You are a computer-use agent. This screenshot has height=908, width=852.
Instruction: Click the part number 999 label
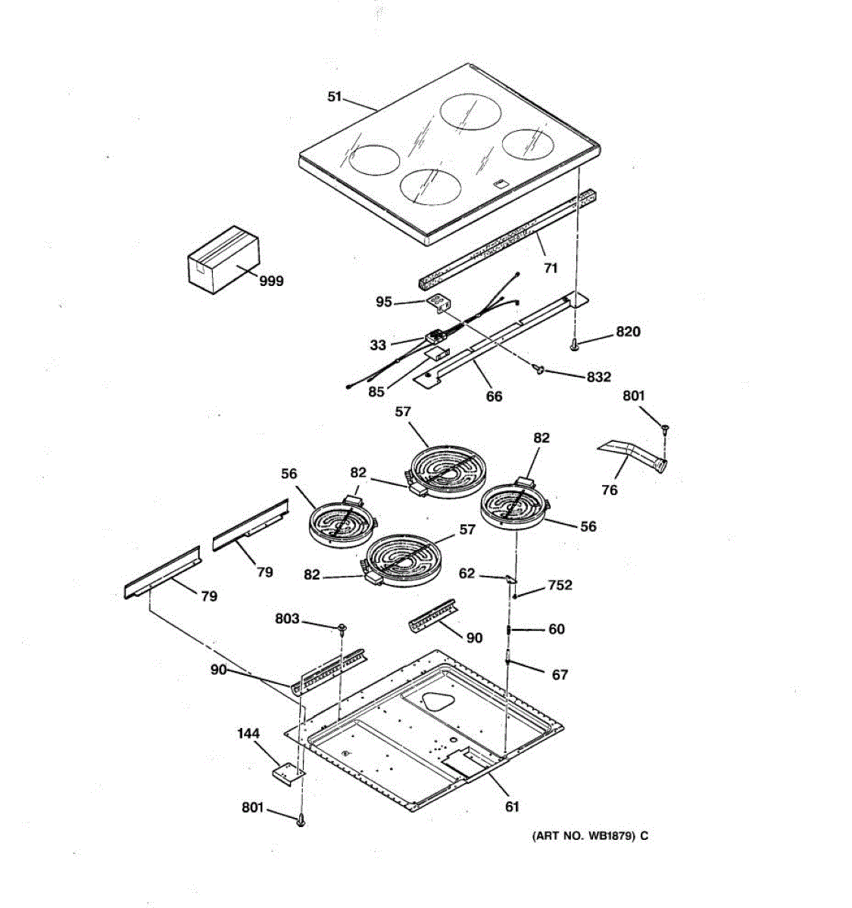(271, 281)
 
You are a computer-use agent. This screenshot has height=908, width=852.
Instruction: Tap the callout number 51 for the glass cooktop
(335, 97)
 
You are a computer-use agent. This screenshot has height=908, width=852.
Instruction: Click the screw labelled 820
(575, 345)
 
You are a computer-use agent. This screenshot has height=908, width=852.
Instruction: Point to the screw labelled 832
(539, 368)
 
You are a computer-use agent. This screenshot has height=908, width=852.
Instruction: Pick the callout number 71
(551, 268)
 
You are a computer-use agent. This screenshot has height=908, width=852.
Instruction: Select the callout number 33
(378, 345)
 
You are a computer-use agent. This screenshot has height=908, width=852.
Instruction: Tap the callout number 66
(494, 396)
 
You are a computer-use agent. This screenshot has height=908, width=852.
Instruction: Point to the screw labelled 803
(342, 627)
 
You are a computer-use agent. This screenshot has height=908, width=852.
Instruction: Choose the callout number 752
(560, 586)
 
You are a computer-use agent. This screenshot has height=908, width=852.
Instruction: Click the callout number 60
(557, 629)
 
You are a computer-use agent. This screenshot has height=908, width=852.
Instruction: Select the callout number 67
(560, 674)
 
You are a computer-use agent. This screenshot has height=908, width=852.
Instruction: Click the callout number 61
(513, 807)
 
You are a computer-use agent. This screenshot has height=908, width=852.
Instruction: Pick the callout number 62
(467, 574)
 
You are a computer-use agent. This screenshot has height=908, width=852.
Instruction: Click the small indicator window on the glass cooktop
(500, 182)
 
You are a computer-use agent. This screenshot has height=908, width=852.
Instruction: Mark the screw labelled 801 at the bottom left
(301, 819)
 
